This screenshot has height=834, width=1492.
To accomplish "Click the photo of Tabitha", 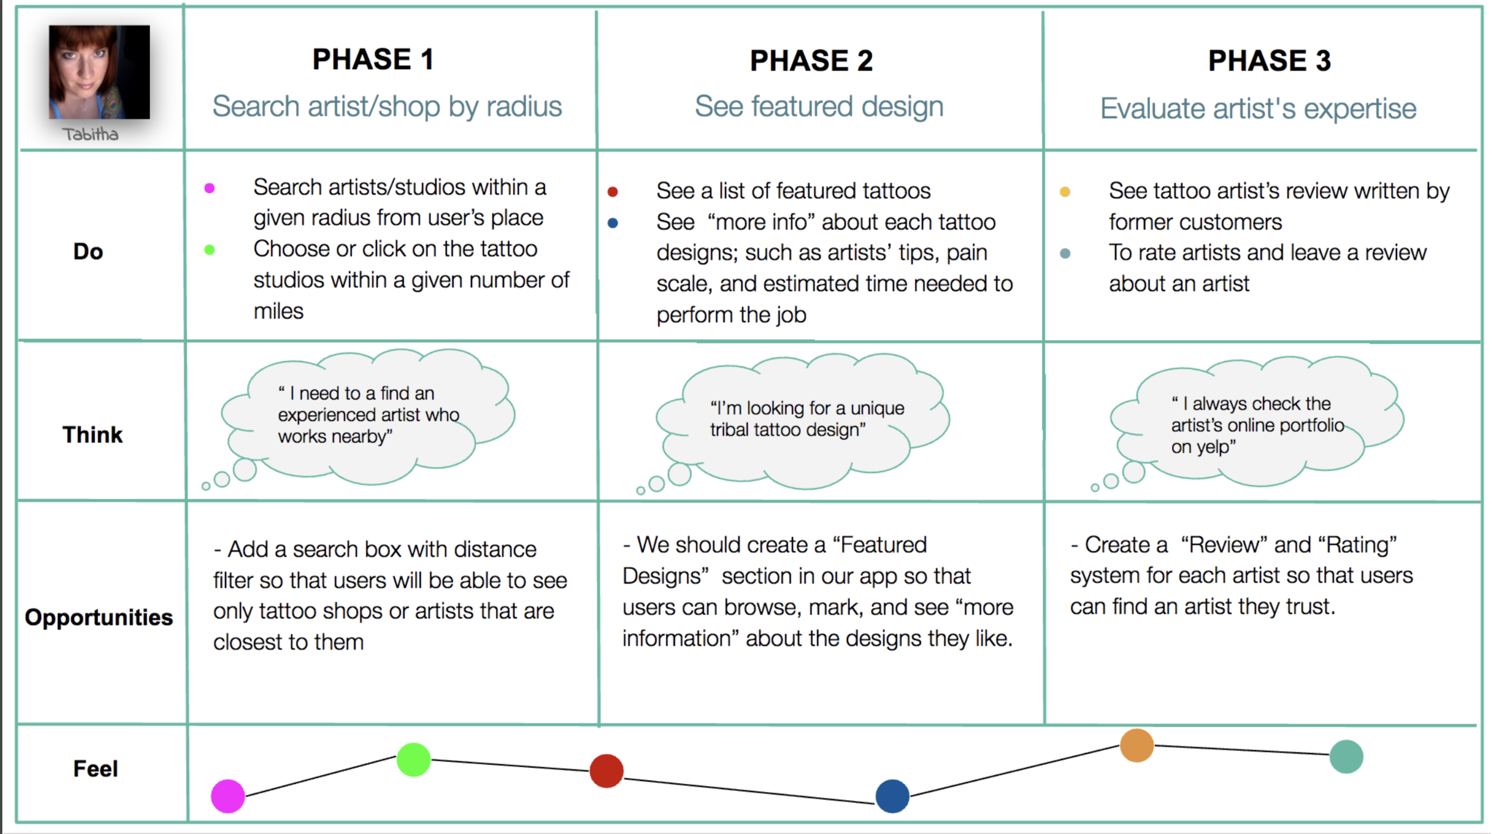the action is (99, 72).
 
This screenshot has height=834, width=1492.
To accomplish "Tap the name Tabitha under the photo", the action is (91, 134).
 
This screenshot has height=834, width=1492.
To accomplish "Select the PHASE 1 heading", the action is (373, 60).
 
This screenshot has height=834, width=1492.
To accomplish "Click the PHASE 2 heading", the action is (811, 61).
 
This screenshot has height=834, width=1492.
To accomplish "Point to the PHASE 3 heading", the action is (1269, 61).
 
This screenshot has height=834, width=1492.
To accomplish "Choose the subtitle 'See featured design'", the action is (819, 107).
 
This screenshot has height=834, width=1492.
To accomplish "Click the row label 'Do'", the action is (88, 252).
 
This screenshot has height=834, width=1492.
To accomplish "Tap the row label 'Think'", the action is (93, 435).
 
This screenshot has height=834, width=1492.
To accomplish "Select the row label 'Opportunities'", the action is (99, 617).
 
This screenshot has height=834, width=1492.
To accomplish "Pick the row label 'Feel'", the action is (95, 769).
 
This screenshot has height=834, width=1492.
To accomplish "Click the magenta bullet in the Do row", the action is (209, 189).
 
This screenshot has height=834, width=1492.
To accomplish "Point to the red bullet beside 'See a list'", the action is (612, 192).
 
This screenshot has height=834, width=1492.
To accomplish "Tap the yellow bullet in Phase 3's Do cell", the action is (1065, 192).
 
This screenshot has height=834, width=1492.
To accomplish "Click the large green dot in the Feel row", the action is (414, 759).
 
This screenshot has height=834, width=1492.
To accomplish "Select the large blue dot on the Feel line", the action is (892, 796).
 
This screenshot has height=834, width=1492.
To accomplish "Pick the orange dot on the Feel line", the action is (1137, 745).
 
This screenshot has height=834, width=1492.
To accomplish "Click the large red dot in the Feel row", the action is (606, 771).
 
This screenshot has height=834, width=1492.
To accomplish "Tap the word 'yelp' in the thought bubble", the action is (1214, 447).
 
